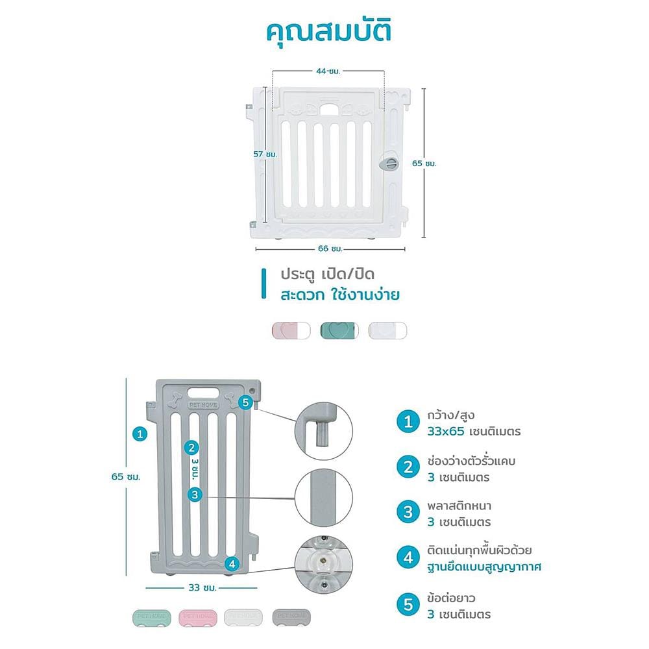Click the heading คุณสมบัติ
pyautogui.click(x=328, y=32)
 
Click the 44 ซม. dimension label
pyautogui.click(x=328, y=71)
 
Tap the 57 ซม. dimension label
pyautogui.click(x=265, y=154)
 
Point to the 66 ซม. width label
pyautogui.click(x=330, y=249)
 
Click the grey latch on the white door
pyautogui.click(x=389, y=163)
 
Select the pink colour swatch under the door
pyautogui.click(x=291, y=331)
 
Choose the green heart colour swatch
pyautogui.click(x=339, y=331)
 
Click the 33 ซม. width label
pyautogui.click(x=202, y=588)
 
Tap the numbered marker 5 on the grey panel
pyautogui.click(x=245, y=402)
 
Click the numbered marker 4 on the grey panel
pyautogui.click(x=232, y=564)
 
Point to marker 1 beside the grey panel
pyautogui.click(x=140, y=434)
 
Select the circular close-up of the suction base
pyautogui.click(x=324, y=565)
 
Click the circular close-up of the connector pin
pyautogui.click(x=324, y=432)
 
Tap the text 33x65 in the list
pyautogui.click(x=446, y=432)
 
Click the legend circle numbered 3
pyautogui.click(x=408, y=512)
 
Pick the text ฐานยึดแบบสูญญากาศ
pyautogui.click(x=484, y=567)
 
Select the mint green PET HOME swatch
pyautogui.click(x=152, y=618)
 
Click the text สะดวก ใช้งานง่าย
pyautogui.click(x=340, y=295)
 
